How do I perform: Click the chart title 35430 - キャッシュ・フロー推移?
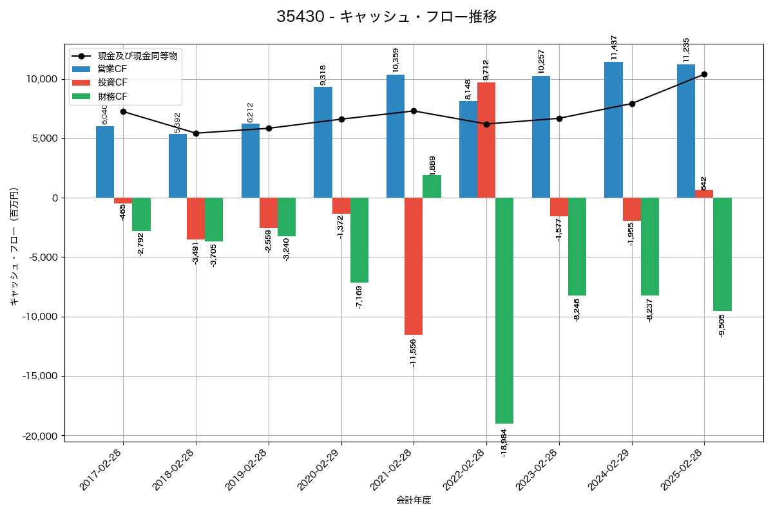[386, 17]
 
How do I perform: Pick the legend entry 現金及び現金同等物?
[137, 55]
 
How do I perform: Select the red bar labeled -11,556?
[414, 266]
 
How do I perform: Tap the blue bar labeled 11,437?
[613, 129]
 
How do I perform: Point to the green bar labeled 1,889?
[432, 186]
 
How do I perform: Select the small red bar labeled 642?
[704, 194]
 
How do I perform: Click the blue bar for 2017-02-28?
[105, 162]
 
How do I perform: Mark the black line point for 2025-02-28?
[704, 74]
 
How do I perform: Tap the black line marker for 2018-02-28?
[196, 133]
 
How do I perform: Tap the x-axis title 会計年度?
[414, 500]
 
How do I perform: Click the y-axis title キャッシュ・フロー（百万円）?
[14, 246]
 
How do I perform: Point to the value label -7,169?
[359, 297]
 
